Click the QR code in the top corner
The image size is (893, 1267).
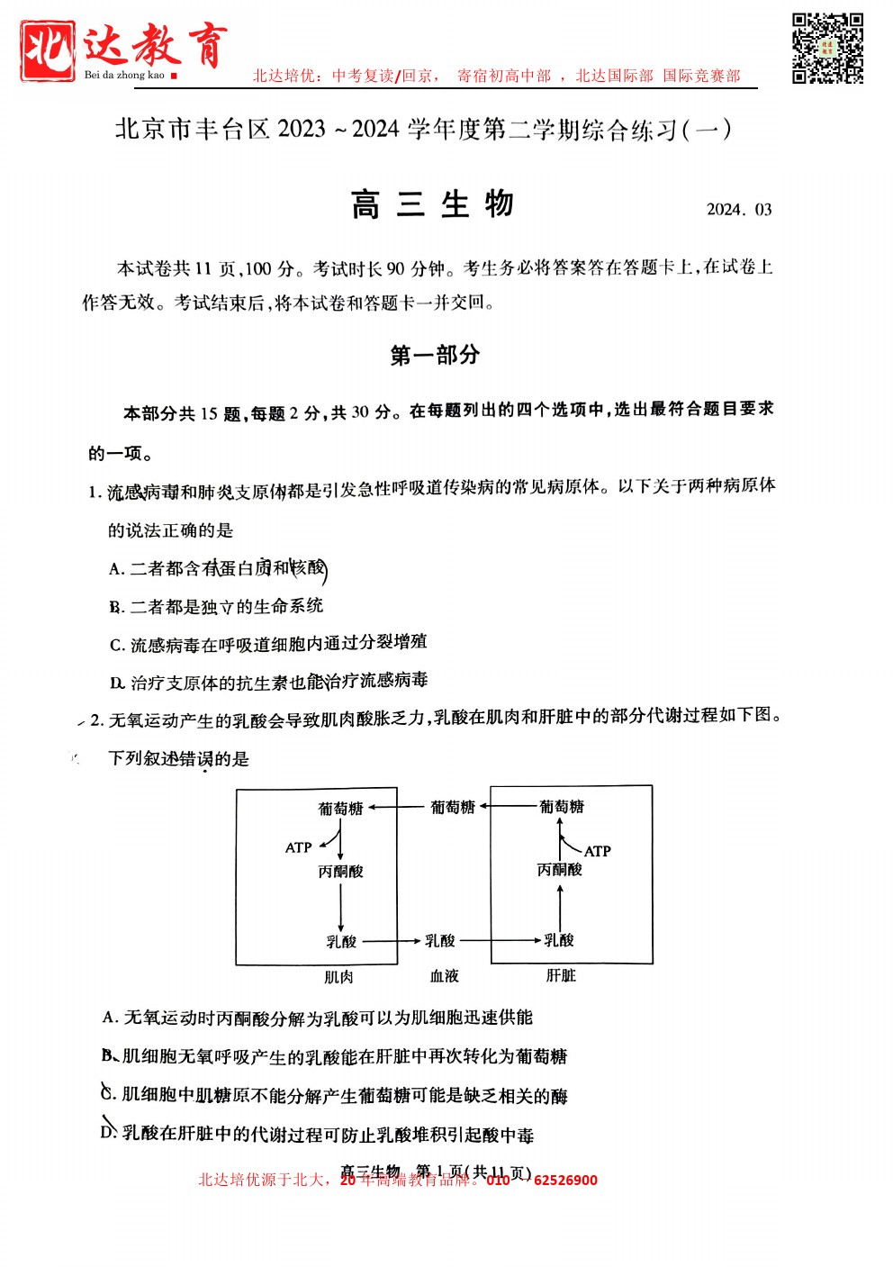tap(827, 49)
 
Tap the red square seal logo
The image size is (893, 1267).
tap(48, 51)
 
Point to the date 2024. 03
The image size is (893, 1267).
tap(739, 210)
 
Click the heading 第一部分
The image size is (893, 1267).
tap(435, 355)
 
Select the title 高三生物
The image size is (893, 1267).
tap(432, 205)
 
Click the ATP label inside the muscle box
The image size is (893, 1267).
tap(298, 847)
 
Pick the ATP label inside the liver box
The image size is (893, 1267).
tap(597, 851)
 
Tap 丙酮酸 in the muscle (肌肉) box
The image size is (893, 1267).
tap(340, 872)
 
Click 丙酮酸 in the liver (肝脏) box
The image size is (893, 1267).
tap(559, 870)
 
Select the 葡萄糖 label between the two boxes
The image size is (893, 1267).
tap(452, 808)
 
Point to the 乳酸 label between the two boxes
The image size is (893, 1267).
tap(440, 941)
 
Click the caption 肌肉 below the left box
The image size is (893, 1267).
tap(338, 977)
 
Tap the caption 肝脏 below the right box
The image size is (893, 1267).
tap(561, 976)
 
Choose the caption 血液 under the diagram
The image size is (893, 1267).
tap(444, 976)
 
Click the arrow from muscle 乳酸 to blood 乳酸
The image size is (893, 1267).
tap(391, 941)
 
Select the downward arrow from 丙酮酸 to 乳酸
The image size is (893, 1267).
tap(340, 908)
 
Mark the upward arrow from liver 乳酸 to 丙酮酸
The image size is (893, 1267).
tap(560, 908)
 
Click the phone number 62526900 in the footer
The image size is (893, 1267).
tap(565, 1181)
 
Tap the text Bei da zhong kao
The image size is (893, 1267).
tap(124, 76)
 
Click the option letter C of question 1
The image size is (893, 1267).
tap(116, 646)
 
